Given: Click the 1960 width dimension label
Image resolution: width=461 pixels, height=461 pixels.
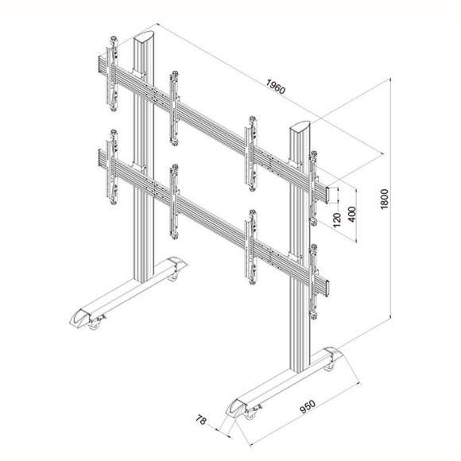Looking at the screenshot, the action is tap(276, 87).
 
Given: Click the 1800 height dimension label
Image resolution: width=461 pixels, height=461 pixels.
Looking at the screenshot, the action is tap(385, 199).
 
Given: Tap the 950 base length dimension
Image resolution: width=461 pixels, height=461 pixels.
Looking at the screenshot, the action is tap(308, 407).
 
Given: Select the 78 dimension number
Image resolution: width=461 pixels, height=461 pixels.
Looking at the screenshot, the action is tap(201, 420).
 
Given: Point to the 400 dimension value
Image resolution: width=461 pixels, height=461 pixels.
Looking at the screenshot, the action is tap(351, 215).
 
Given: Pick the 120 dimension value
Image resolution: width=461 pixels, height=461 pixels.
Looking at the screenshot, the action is tap(337, 219).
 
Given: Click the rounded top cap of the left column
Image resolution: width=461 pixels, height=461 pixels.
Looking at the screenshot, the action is tap(144, 37).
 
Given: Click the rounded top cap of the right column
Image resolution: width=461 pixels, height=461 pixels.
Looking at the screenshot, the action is tap(300, 126).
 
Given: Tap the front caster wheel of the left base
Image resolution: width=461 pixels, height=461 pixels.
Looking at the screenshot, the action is tap(95, 324).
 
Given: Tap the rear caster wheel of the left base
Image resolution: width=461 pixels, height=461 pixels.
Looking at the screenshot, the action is tap(172, 277).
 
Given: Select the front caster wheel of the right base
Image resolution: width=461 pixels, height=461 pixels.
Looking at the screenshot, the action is tap(250, 415).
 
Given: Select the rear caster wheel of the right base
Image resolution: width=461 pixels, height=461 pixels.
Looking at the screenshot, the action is tap(329, 367).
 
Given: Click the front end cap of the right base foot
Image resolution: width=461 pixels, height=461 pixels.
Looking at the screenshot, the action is tap(236, 407).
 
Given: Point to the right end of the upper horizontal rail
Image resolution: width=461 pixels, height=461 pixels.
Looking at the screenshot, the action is tap(327, 195).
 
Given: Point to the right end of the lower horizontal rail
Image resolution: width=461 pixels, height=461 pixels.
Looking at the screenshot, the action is tap(327, 288).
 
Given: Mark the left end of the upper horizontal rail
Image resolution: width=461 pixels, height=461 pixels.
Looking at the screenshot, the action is tap(100, 64).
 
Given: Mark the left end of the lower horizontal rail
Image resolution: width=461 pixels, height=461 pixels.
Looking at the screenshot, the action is tap(100, 158).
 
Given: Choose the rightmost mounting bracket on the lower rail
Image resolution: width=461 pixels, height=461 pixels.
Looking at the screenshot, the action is tap(313, 281).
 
